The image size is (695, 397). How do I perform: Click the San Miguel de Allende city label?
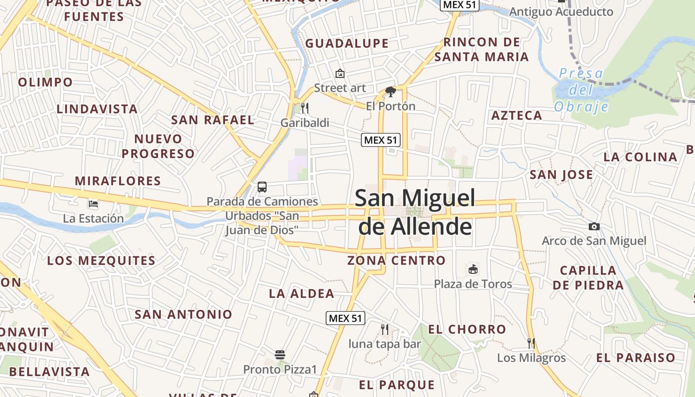click(415, 212)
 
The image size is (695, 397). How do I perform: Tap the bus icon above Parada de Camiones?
click(262, 187)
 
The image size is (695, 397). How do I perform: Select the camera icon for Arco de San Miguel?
click(594, 227)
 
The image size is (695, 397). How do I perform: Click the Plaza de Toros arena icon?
click(473, 269)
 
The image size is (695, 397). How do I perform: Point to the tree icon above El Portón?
click(390, 92)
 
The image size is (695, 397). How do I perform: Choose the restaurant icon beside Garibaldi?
click(305, 108)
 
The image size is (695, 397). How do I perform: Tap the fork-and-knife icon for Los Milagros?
click(531, 343)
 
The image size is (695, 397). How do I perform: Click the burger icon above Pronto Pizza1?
click(280, 355)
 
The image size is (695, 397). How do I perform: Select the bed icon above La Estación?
click(93, 203)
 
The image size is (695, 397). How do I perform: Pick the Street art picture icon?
click(340, 73)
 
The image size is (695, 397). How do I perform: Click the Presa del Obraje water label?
click(581, 90)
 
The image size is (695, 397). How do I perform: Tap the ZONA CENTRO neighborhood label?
click(396, 261)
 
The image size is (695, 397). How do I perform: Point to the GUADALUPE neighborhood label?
click(347, 44)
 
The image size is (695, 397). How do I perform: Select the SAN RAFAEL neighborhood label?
click(212, 120)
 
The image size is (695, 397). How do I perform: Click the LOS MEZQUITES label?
click(101, 261)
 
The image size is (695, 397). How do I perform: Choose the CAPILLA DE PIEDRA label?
click(588, 278)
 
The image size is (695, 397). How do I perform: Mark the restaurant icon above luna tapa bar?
click(384, 329)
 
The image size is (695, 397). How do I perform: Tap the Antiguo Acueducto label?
click(561, 11)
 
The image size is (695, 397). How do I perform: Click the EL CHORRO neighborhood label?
click(467, 329)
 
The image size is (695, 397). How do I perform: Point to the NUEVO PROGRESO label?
click(158, 146)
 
